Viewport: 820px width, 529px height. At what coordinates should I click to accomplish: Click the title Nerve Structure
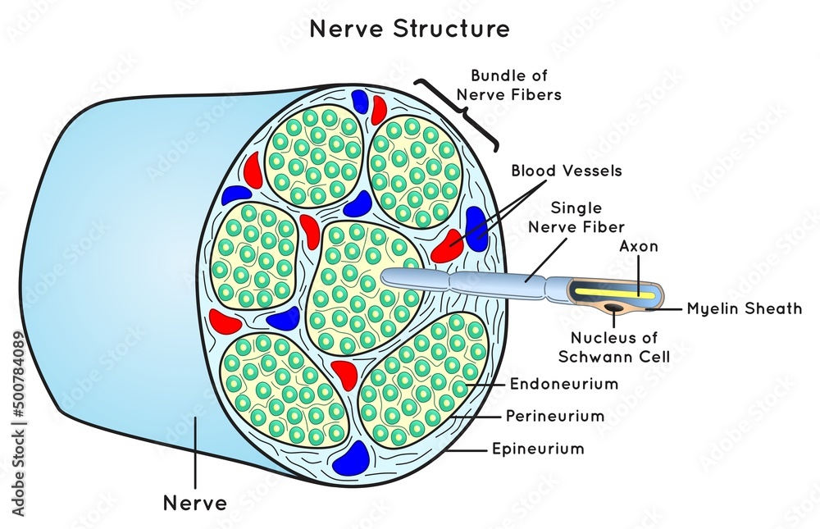click(x=409, y=30)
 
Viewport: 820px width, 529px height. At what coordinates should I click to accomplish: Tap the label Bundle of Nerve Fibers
click(x=516, y=85)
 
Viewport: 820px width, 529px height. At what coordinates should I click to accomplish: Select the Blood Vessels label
click(x=567, y=171)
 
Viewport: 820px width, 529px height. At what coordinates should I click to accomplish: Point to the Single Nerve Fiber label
click(x=588, y=217)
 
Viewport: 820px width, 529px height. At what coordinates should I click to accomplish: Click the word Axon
click(x=639, y=246)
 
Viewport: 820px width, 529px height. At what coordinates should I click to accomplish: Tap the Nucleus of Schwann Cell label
click(x=613, y=347)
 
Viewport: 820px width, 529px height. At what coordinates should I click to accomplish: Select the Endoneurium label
click(x=564, y=383)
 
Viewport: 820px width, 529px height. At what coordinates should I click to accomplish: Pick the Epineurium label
click(x=538, y=449)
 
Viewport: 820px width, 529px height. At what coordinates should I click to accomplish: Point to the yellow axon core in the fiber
click(x=615, y=292)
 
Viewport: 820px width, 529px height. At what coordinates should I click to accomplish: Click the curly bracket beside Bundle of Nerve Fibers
click(x=458, y=112)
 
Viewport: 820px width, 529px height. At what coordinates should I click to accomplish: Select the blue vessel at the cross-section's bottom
click(x=354, y=458)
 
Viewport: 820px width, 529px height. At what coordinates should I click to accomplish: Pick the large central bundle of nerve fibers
click(x=362, y=283)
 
